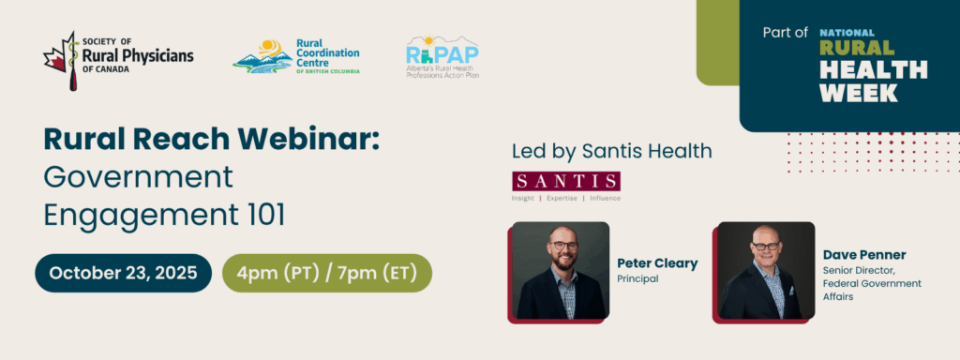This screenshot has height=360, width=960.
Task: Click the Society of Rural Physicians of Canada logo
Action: tap(118, 61)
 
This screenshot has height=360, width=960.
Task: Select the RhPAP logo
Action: tap(442, 56)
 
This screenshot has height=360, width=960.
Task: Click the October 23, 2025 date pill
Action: tap(123, 273)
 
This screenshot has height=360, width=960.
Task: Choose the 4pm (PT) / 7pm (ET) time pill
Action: tap(327, 273)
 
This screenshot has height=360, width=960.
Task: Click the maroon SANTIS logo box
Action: tap(565, 181)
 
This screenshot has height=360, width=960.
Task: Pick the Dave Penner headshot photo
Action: tap(766, 271)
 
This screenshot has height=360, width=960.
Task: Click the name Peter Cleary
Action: tap(657, 263)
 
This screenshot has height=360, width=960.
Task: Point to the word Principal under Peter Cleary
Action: tap(637, 279)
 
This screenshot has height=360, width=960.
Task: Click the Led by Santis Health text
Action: tap(611, 151)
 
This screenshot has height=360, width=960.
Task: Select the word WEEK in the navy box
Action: tap(859, 93)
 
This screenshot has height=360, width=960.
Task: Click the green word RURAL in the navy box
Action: tap(857, 48)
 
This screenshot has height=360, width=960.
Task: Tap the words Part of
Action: tap(786, 33)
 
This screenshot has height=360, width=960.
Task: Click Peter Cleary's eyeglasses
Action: tap(563, 245)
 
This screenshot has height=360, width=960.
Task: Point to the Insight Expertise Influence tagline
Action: tap(565, 199)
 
